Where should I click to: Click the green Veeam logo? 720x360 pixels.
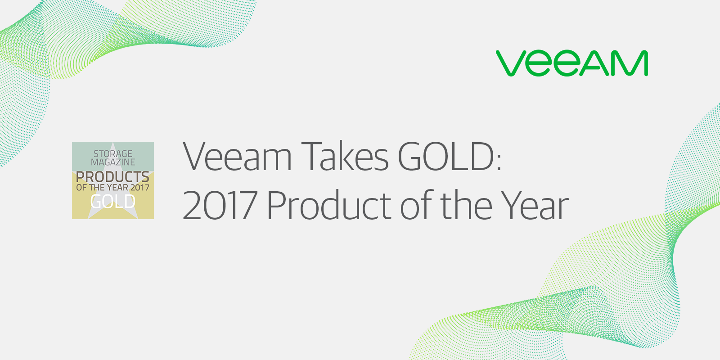point(572,63)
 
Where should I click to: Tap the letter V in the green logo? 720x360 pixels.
point(511,63)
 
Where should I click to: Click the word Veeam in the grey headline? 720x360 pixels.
point(238,157)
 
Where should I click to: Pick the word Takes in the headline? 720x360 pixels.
point(345,157)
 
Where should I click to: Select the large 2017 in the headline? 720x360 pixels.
point(220,206)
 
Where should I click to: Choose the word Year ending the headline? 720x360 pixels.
point(535,206)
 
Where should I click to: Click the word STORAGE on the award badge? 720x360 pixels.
point(113,154)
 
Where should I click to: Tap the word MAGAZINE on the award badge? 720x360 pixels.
point(113,162)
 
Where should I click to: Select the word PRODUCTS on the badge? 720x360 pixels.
point(112,176)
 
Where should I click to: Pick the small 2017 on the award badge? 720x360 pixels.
point(139,188)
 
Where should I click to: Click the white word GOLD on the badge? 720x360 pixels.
point(112,202)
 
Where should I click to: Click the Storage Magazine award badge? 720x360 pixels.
point(113,180)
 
